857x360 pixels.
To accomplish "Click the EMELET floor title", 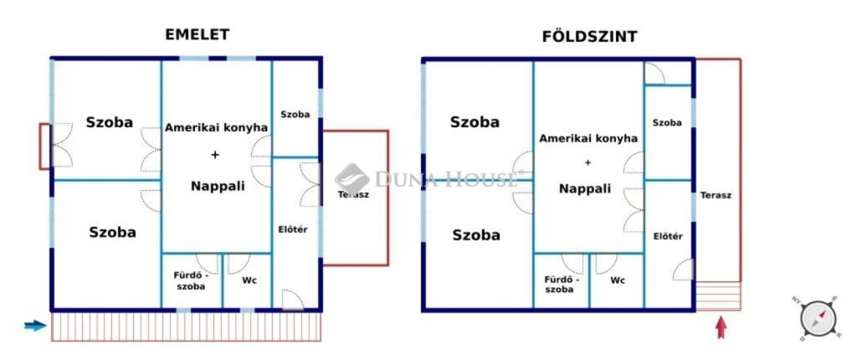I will (x=198, y=34).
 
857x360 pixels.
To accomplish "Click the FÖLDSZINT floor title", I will (x=589, y=36).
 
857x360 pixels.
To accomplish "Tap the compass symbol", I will (x=817, y=318).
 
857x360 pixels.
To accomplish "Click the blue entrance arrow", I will (x=35, y=326).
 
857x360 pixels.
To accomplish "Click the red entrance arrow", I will (x=720, y=326).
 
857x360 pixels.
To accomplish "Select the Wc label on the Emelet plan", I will (x=249, y=280).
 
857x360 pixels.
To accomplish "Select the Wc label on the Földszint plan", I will (x=618, y=280).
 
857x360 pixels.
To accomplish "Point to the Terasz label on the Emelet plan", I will (x=353, y=194).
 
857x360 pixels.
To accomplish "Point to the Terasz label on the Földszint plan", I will (x=716, y=194).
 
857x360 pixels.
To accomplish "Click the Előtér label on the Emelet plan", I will (x=293, y=229).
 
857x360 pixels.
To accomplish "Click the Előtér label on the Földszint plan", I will (x=668, y=236).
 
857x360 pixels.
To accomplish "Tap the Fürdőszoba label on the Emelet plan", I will (x=191, y=280).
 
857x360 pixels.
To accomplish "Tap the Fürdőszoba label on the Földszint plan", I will (x=559, y=284).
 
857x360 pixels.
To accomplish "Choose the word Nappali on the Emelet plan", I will (x=218, y=186).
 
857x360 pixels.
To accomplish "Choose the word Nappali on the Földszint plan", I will (x=585, y=188).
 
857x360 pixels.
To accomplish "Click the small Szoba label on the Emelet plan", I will (x=295, y=114).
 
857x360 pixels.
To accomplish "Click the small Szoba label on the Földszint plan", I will (x=667, y=122).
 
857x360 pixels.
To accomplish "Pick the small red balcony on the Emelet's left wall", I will (x=44, y=146).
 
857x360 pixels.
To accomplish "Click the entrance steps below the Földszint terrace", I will (x=718, y=296).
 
